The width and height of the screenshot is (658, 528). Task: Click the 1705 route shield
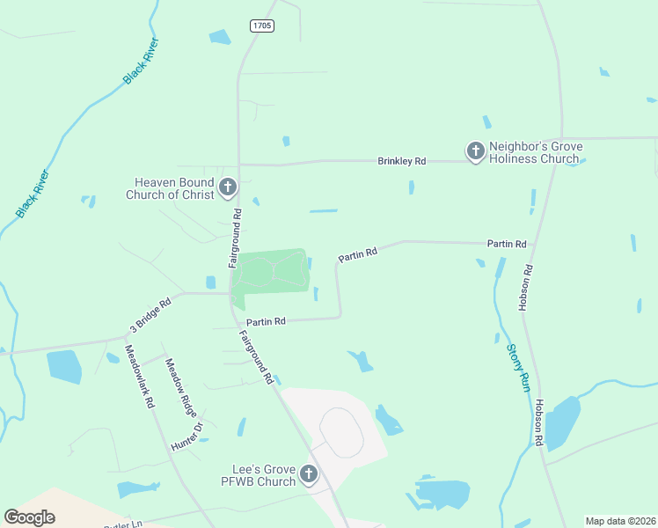point(261,26)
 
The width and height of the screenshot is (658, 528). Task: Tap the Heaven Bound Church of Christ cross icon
point(228,187)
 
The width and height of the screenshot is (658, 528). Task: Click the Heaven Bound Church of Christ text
point(170,188)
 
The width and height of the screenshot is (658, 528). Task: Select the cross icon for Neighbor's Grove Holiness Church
point(476,151)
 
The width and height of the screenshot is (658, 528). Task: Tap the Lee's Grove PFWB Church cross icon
point(309,474)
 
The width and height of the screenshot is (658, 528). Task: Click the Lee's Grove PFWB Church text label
point(257,475)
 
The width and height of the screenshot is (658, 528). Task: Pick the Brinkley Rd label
point(401,161)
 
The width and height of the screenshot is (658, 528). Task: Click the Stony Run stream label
point(517,367)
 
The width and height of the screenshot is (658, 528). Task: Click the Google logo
point(29,517)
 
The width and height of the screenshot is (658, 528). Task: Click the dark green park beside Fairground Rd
point(272,273)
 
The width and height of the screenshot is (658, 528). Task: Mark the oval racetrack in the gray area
point(341,432)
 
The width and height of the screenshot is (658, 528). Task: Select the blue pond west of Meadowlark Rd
point(64,365)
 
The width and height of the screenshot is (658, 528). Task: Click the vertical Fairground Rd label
point(235,238)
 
